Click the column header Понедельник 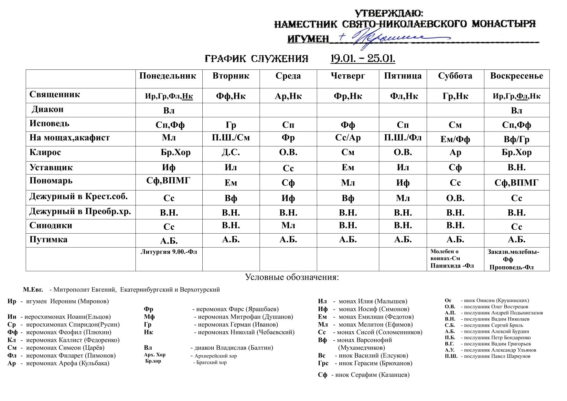pos(167,76)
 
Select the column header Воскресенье pos(516,76)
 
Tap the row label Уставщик pos(51,167)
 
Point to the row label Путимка pos(48,239)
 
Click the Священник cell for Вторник pos(230,96)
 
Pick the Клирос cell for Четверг pos(348,152)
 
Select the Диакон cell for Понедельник pos(169,111)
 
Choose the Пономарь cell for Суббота pos(455,183)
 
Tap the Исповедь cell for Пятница pos(402,125)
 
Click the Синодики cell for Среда pos(288,225)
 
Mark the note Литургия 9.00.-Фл pos(169,252)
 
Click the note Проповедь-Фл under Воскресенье pos(511,267)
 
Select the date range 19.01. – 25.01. pos(363,58)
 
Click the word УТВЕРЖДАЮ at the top pos(389,13)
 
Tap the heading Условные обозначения pos(292,277)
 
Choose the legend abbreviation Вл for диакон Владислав pos(148,348)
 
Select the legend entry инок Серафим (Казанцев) pos(372,375)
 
